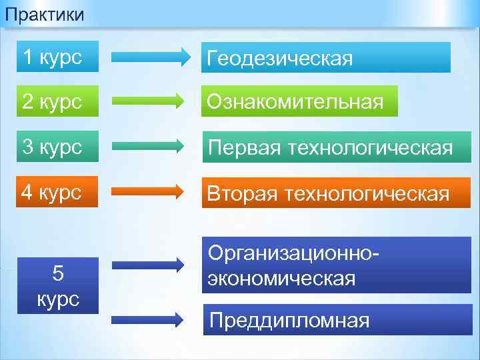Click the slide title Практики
43,13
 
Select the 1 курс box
57,57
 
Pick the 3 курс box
57,147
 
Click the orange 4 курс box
57,192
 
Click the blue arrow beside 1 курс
151,57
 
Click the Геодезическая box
326,58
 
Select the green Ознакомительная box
300,101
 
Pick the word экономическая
281,278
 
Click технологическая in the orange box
366,193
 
